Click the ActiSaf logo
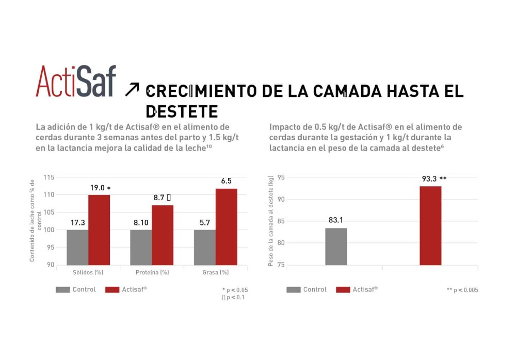tap(76, 81)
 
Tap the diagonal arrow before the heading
tap(132, 90)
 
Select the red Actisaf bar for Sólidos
tap(99, 230)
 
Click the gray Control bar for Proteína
tap(141, 247)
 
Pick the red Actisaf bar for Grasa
tap(226, 227)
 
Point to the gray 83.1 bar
tap(336, 247)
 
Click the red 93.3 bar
tap(430, 225)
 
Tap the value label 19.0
tap(98, 188)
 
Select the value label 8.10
tap(141, 223)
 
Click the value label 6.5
tap(226, 181)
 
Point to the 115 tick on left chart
tap(49, 177)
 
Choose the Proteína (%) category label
tap(152, 272)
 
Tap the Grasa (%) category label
tap(215, 272)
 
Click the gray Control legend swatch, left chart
tap(62, 290)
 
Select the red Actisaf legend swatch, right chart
tap(343, 290)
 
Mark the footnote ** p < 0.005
tap(462, 290)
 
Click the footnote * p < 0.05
tap(235, 290)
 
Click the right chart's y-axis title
tap(270, 221)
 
